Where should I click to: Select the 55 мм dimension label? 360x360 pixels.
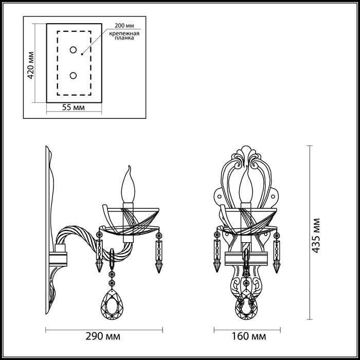click(x=73, y=108)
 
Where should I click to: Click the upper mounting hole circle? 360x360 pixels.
click(x=73, y=50)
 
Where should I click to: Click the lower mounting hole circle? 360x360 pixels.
click(x=73, y=76)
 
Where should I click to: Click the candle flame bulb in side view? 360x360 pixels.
click(x=129, y=186)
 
